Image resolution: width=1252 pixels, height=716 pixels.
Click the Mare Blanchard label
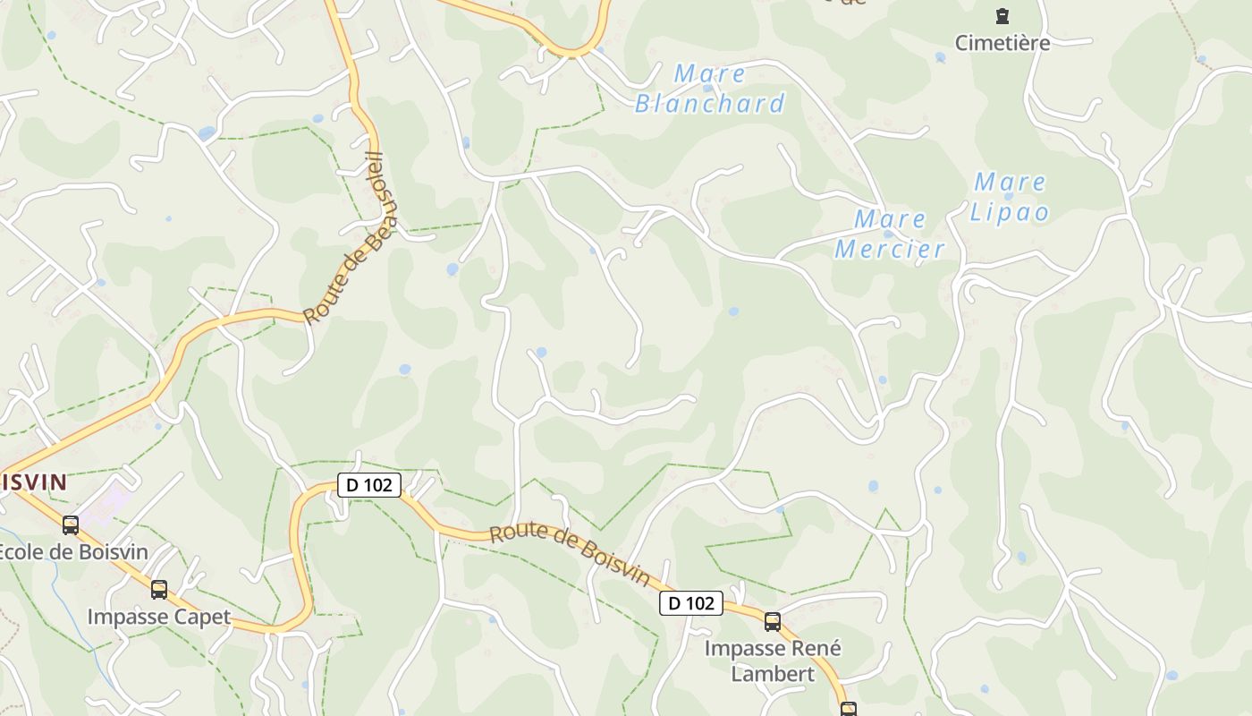pos(709,89)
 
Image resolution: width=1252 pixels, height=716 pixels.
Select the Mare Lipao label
pos(1010,197)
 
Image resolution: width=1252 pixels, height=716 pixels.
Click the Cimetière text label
pos(1002,43)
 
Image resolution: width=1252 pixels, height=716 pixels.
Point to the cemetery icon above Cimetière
pos(1002,16)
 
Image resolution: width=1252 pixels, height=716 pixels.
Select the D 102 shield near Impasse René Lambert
pos(691,603)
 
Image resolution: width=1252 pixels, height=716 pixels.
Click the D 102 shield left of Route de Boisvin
pos(369,485)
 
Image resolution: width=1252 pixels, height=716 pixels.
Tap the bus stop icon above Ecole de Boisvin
pos(71,525)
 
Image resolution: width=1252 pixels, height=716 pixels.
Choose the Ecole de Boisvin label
pos(72,551)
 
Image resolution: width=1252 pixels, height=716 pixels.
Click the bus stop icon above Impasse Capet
pos(159,590)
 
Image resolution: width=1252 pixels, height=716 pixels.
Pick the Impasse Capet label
pos(158,617)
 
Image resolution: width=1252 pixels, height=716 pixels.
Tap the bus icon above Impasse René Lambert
pos(773,622)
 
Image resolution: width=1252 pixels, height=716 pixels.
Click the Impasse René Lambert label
pos(773,661)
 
